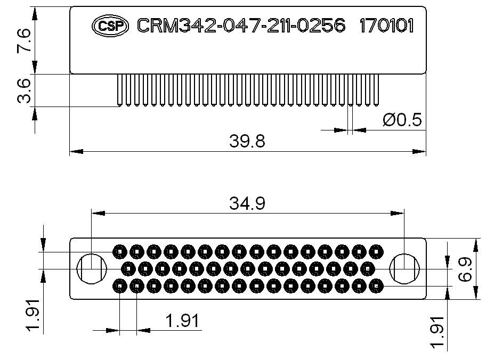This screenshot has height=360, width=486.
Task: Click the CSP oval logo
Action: (110, 26)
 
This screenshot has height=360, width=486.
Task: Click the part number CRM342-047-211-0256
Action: (241, 26)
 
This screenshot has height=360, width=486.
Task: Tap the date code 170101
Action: (386, 26)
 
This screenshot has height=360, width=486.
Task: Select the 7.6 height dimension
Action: (24, 40)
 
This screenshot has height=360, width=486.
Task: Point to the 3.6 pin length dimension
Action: (24, 91)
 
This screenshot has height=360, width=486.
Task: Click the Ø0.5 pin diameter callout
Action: (402, 120)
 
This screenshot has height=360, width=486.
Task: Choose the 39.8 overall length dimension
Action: (247, 141)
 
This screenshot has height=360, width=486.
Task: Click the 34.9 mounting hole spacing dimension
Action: (247, 203)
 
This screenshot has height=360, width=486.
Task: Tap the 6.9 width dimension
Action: (465, 269)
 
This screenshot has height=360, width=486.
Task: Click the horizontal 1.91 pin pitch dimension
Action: (182, 321)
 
